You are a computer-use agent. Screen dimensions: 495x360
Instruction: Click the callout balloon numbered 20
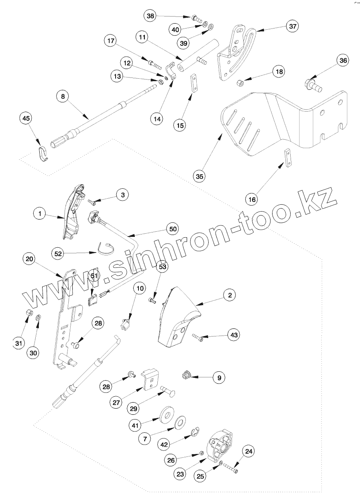(28, 260)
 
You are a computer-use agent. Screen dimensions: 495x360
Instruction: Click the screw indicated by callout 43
(198, 338)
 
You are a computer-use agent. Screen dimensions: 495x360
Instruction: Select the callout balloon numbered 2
(230, 295)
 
